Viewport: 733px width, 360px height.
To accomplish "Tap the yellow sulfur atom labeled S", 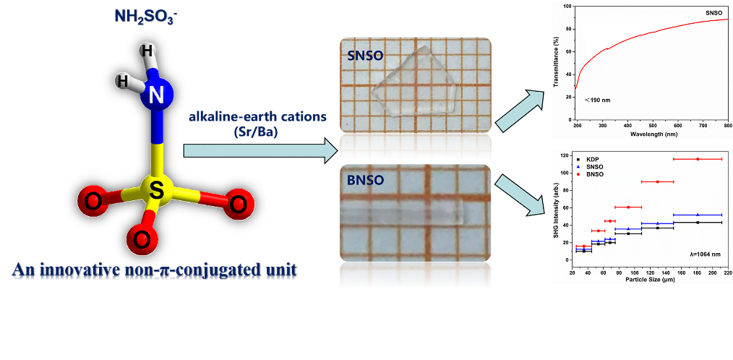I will [157, 191].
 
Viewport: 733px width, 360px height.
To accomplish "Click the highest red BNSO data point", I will [698, 159].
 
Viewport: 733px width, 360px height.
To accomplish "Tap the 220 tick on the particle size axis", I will [727, 271].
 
